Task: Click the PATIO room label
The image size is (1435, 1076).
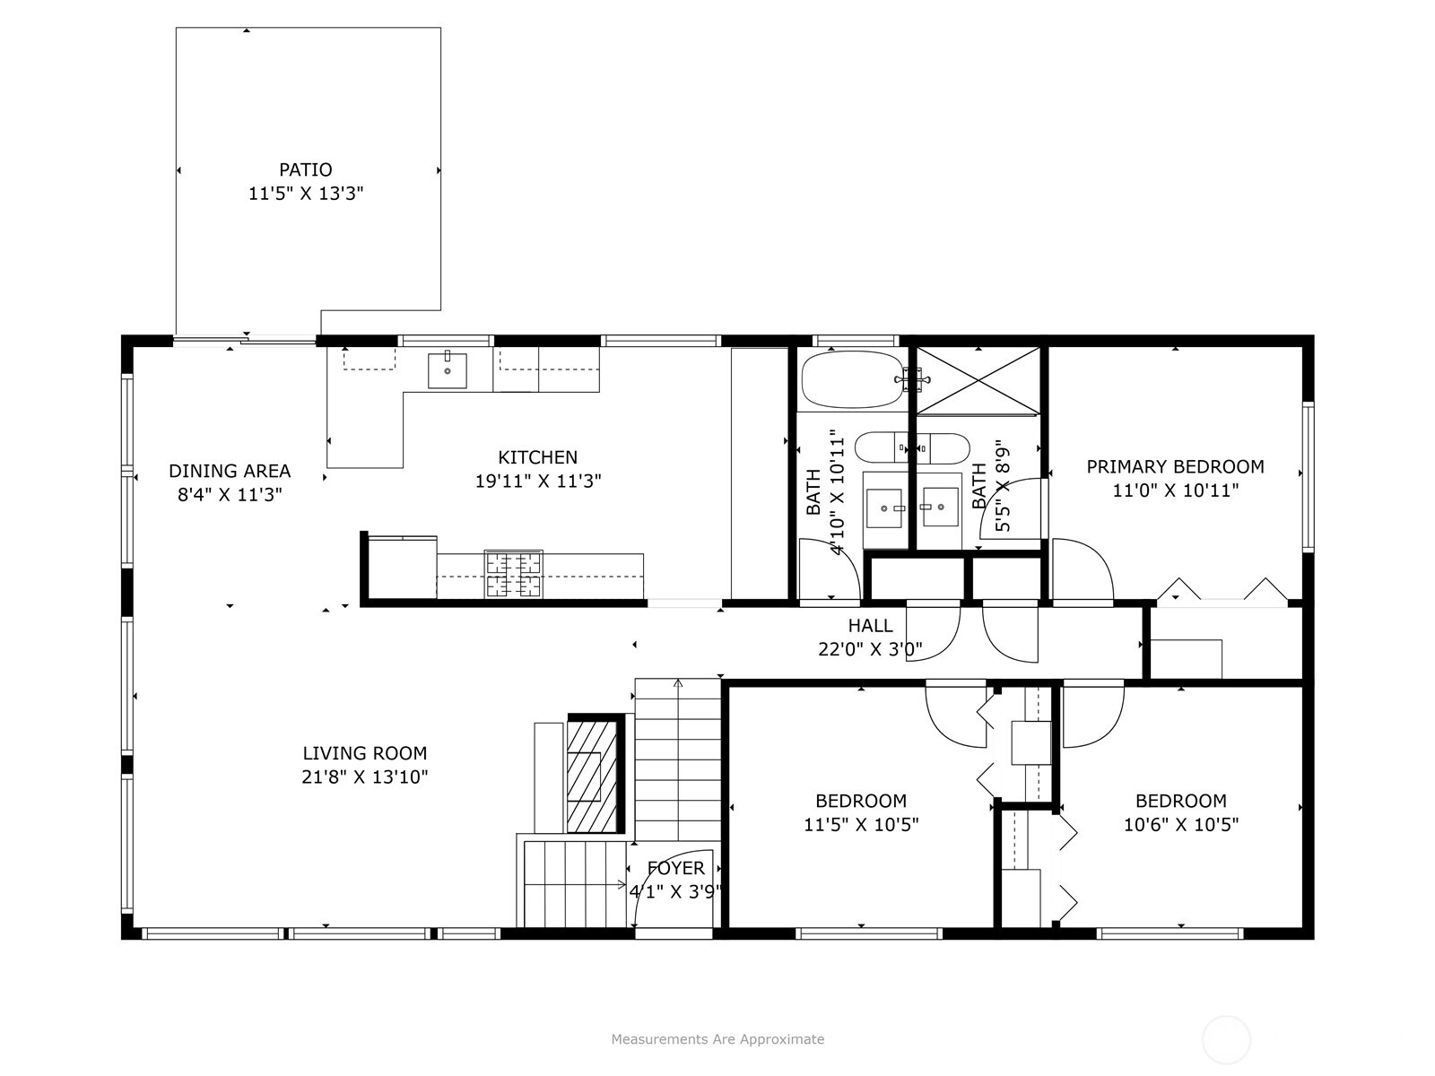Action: [305, 169]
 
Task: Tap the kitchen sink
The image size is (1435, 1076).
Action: [448, 370]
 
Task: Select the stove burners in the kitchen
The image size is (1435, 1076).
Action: [513, 574]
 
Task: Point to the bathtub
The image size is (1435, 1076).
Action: [853, 379]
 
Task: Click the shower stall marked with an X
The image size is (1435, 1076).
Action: [978, 381]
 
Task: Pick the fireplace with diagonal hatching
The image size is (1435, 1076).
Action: [592, 776]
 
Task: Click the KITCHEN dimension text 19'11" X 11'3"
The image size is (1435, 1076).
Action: [538, 482]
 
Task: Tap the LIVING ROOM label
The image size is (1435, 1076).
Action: [365, 753]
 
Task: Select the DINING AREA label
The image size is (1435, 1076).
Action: [230, 471]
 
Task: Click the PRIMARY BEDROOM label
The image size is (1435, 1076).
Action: [1176, 467]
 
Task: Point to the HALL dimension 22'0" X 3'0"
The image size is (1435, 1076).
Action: [870, 649]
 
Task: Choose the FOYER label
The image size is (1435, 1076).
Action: [676, 868]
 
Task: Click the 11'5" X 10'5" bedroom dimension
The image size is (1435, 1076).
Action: [861, 824]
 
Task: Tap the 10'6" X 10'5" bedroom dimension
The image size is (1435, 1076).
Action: [1180, 824]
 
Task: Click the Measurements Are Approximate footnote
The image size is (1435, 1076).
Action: [717, 1038]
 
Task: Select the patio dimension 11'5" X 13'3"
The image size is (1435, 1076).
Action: [305, 194]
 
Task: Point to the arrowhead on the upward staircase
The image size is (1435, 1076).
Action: [678, 683]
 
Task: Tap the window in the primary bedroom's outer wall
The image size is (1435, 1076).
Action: [1309, 477]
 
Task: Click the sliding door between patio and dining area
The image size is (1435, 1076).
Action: [245, 340]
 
